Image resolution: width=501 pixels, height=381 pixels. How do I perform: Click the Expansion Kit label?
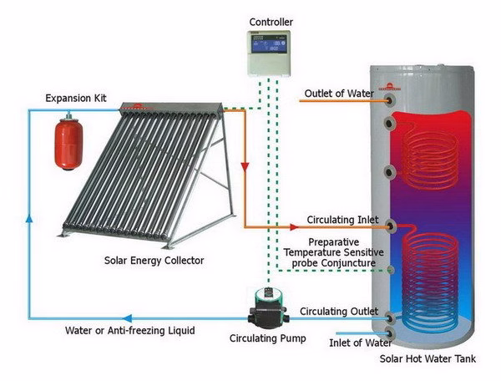point(77,99)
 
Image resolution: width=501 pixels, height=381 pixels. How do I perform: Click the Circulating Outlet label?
point(339,311)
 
